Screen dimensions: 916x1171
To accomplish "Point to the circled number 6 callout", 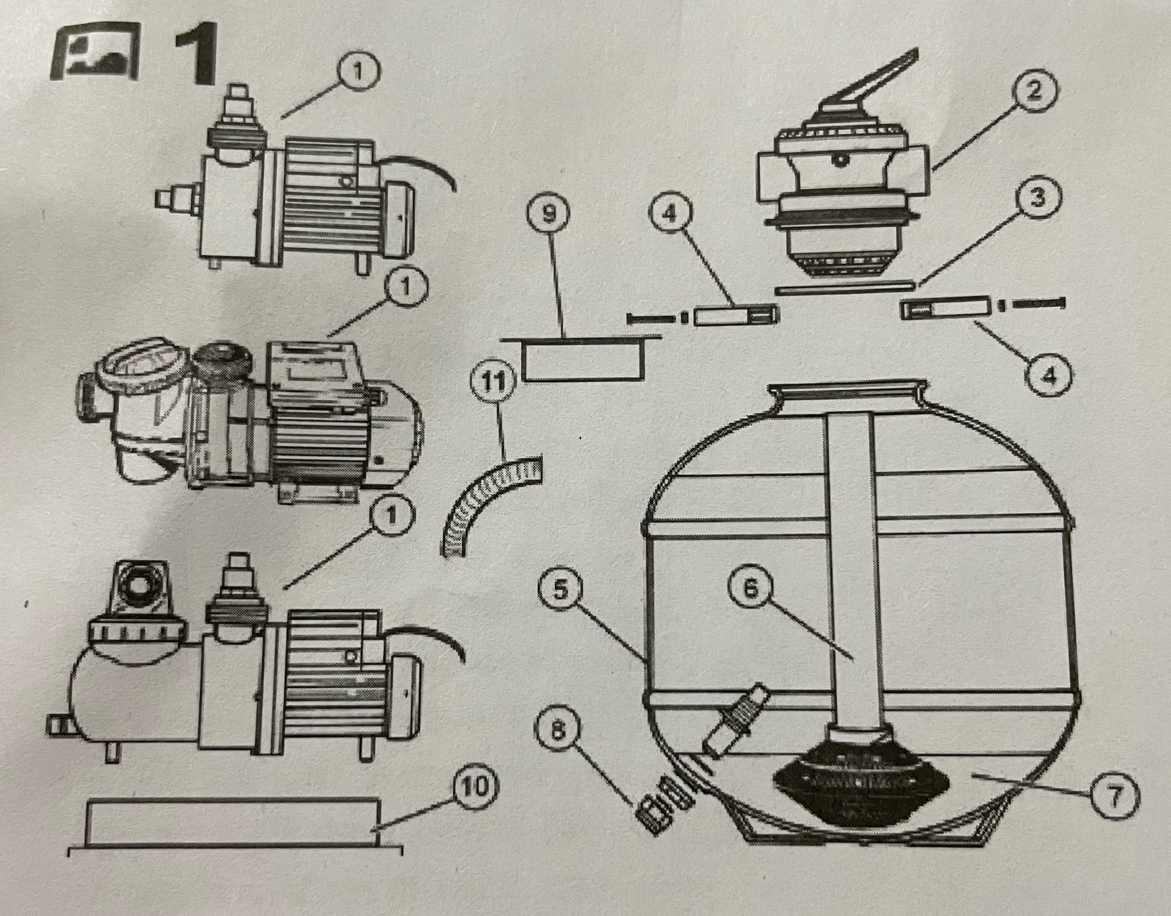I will pos(750,588).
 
